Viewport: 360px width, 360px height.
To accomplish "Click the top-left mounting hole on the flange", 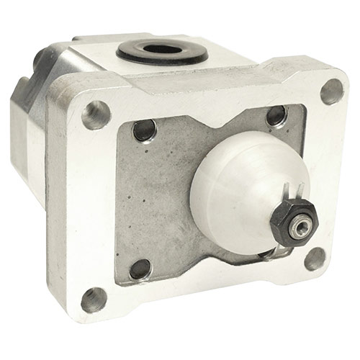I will pos(96,114).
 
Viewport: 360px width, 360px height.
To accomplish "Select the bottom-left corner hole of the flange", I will pos(94,299).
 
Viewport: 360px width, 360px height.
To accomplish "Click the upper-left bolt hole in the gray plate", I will pos(145,130).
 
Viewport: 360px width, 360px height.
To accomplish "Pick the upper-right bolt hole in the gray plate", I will pos(276,115).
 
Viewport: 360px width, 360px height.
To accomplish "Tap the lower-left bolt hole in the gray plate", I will pos(140,269).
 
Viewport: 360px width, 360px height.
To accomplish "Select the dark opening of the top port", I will pos(162,52).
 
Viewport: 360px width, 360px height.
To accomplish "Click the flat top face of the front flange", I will pos(216,83).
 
